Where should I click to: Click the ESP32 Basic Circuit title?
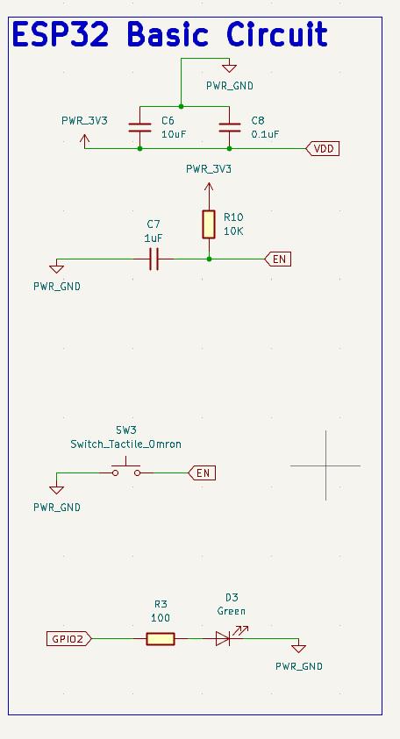coord(170,34)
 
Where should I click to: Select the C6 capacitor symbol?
coord(139,127)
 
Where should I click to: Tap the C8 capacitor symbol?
coord(229,127)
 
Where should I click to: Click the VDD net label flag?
coord(323,149)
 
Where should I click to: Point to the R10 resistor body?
coord(209,224)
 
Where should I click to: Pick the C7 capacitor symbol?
coord(154,259)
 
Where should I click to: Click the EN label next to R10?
coord(278,259)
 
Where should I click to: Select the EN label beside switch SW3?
coord(202,473)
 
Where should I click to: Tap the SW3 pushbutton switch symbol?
coord(126,468)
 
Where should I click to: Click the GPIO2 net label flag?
coord(69,639)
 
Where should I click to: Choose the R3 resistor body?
coord(161,639)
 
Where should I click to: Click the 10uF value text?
coord(174,134)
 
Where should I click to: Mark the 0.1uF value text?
coord(265,134)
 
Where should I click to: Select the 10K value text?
coord(234,231)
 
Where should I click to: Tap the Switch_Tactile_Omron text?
coord(126,444)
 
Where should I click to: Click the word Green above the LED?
coord(231,611)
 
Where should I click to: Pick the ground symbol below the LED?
coord(298,649)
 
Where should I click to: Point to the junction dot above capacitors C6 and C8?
coord(181,107)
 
